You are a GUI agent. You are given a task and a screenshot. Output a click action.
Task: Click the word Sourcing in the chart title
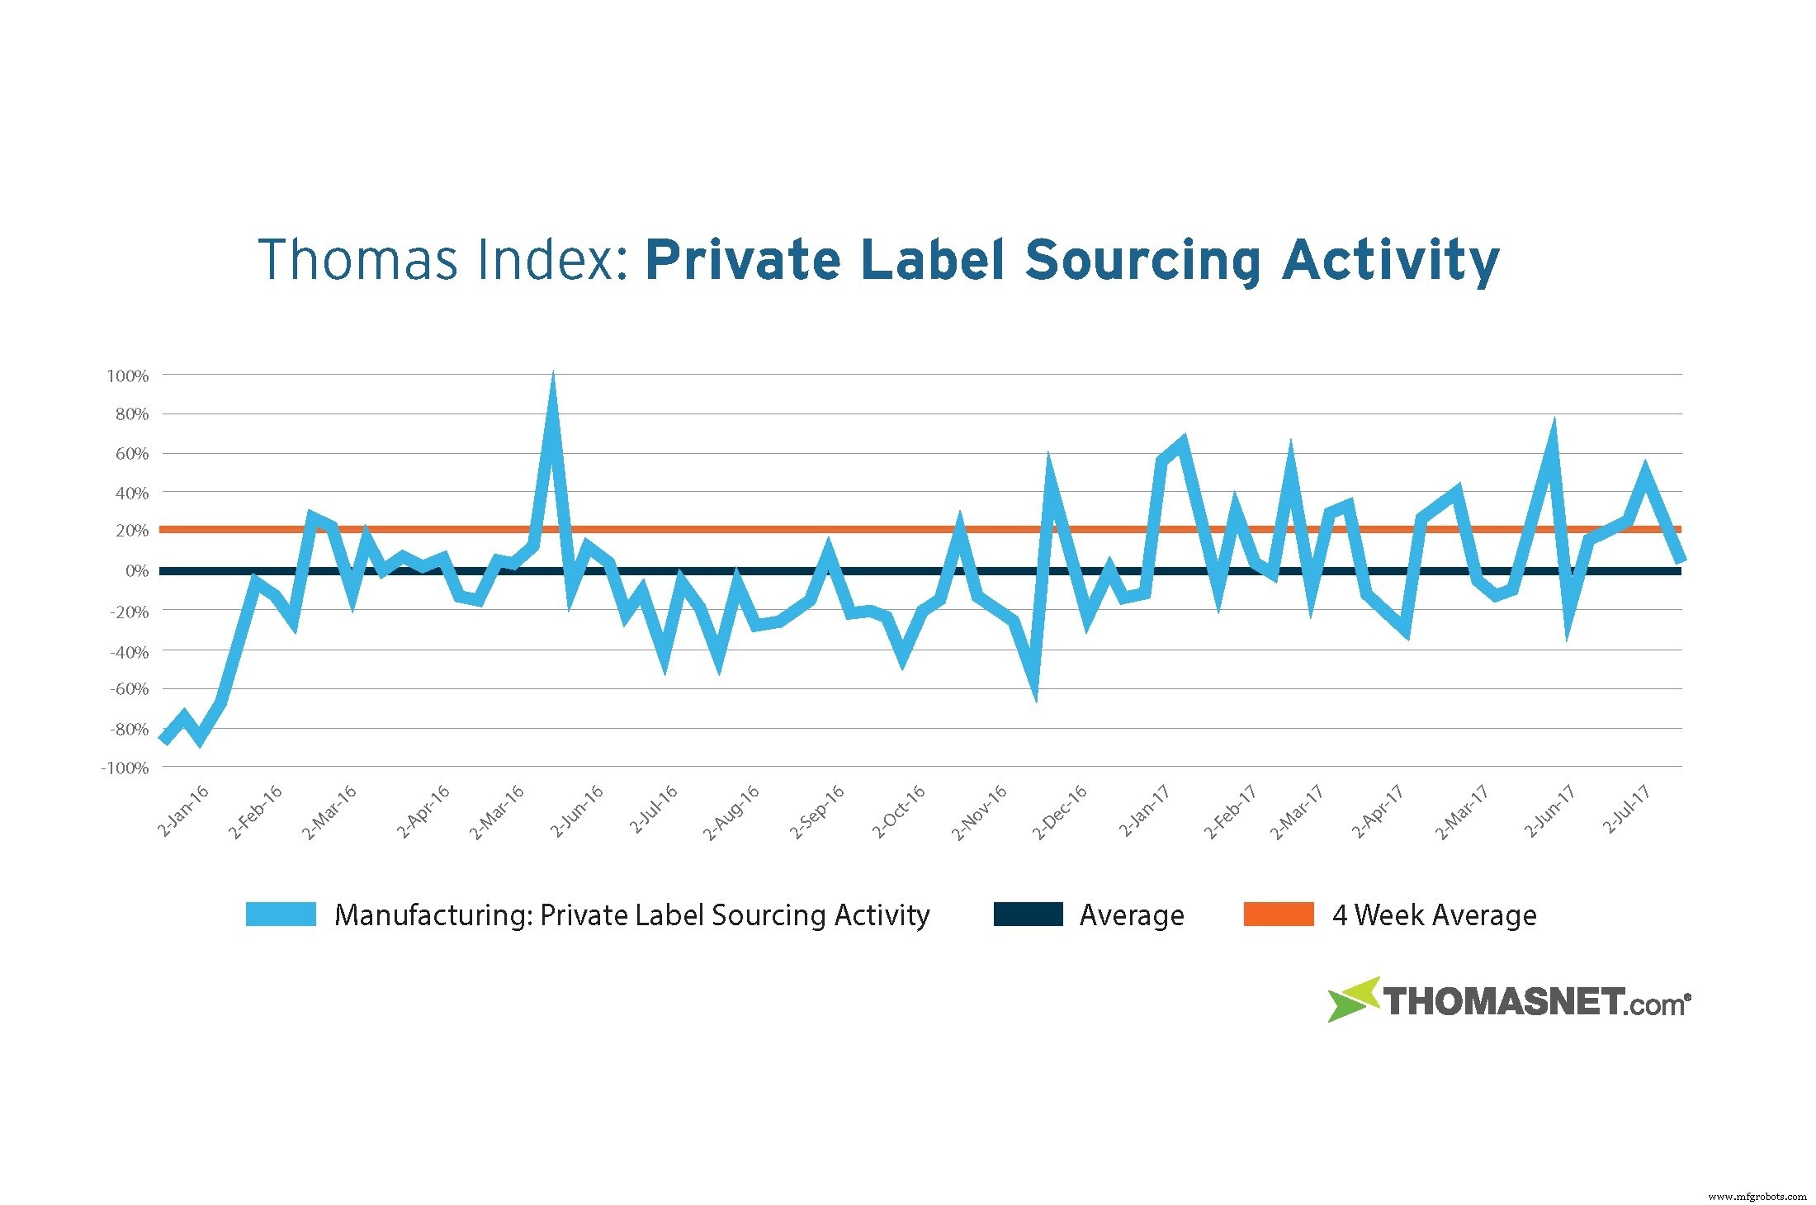pos(1142,261)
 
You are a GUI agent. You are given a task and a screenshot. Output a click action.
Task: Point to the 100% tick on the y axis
pos(128,376)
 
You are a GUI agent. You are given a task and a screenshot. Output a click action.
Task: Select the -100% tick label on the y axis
pos(125,768)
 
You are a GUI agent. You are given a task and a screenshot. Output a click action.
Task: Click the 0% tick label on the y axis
pos(136,571)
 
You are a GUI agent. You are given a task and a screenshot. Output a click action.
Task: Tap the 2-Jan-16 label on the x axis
pos(183,810)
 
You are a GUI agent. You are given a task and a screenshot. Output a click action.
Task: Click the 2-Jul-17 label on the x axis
pos(1626,809)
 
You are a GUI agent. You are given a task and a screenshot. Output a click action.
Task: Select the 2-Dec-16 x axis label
pos(1060,812)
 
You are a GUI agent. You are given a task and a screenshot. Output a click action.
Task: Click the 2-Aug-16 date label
pos(731,813)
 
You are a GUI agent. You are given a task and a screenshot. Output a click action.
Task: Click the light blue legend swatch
pos(281,914)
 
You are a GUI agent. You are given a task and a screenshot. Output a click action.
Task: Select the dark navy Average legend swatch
pos(1028,914)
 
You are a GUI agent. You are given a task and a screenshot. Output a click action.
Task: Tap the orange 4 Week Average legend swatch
pos(1278,914)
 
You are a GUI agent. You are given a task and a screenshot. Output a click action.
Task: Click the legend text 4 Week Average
pos(1434,915)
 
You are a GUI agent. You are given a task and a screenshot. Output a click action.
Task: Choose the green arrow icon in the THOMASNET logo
pos(1352,1000)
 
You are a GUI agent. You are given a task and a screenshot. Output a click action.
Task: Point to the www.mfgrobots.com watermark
pos(1757,1196)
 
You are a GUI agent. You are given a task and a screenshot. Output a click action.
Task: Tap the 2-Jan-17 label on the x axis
pos(1144,810)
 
